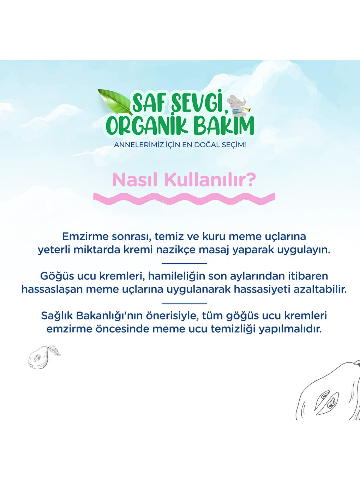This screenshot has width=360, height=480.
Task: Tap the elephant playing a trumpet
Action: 237,105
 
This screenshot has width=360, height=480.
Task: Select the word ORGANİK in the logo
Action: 147,126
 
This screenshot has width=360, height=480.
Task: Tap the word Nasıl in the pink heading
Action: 136,180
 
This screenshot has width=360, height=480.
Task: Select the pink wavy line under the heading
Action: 184,199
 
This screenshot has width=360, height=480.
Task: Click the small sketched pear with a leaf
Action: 40,357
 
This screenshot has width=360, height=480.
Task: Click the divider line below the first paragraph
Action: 184,263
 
